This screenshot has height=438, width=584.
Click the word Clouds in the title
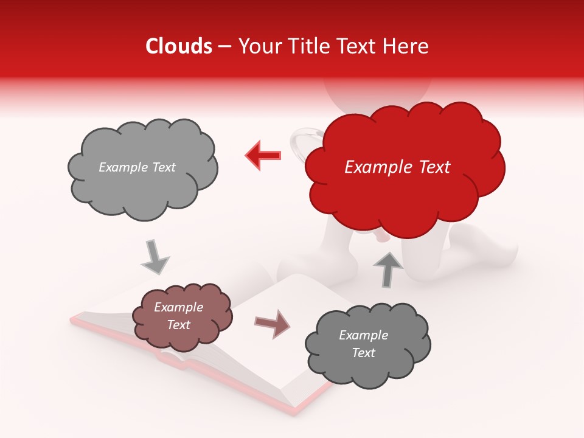point(179,46)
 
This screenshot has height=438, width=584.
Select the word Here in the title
point(407,46)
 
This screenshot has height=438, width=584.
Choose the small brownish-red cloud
point(181,316)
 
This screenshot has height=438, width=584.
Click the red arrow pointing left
point(263,156)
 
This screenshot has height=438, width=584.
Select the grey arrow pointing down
point(155,256)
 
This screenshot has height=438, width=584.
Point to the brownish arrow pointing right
point(273,324)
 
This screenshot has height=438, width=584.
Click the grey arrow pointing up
point(388,269)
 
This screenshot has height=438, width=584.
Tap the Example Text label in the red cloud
point(397,167)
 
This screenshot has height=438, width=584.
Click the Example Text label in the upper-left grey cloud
point(137,167)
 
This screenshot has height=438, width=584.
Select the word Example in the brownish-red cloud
point(178,307)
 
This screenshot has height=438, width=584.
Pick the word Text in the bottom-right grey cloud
point(363,353)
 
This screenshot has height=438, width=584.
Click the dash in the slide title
point(224,46)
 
